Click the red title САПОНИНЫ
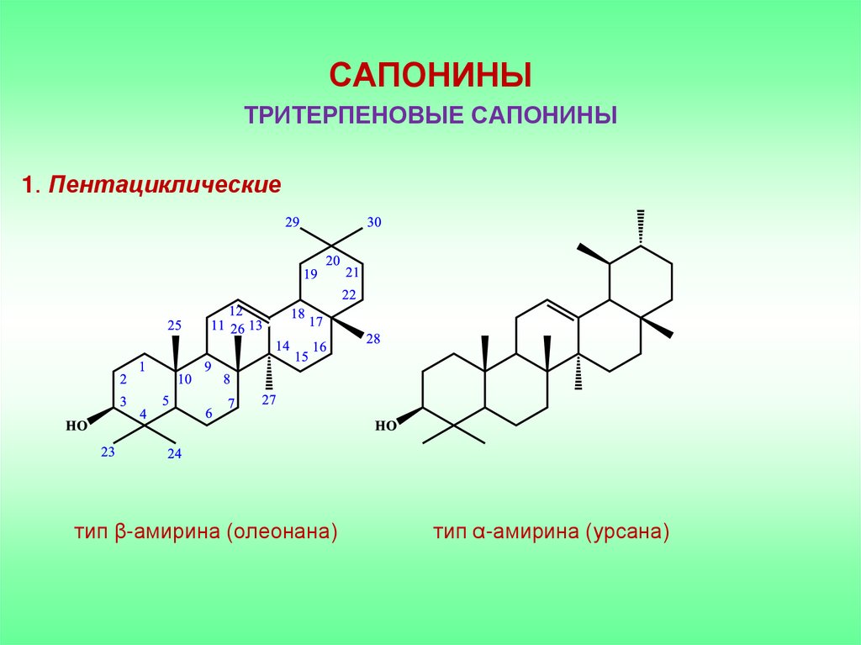pyautogui.click(x=430, y=76)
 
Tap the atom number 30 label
pyautogui.click(x=374, y=223)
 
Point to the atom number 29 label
pyautogui.click(x=293, y=222)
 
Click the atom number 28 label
pyautogui.click(x=373, y=339)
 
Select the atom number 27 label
pyautogui.click(x=269, y=400)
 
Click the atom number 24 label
pyautogui.click(x=174, y=454)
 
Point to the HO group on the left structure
pyautogui.click(x=77, y=426)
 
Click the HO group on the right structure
pyautogui.click(x=385, y=426)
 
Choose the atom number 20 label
pyautogui.click(x=333, y=261)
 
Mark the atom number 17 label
pyautogui.click(x=316, y=321)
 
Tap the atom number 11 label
pyautogui.click(x=218, y=326)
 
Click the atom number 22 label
pyautogui.click(x=348, y=293)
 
